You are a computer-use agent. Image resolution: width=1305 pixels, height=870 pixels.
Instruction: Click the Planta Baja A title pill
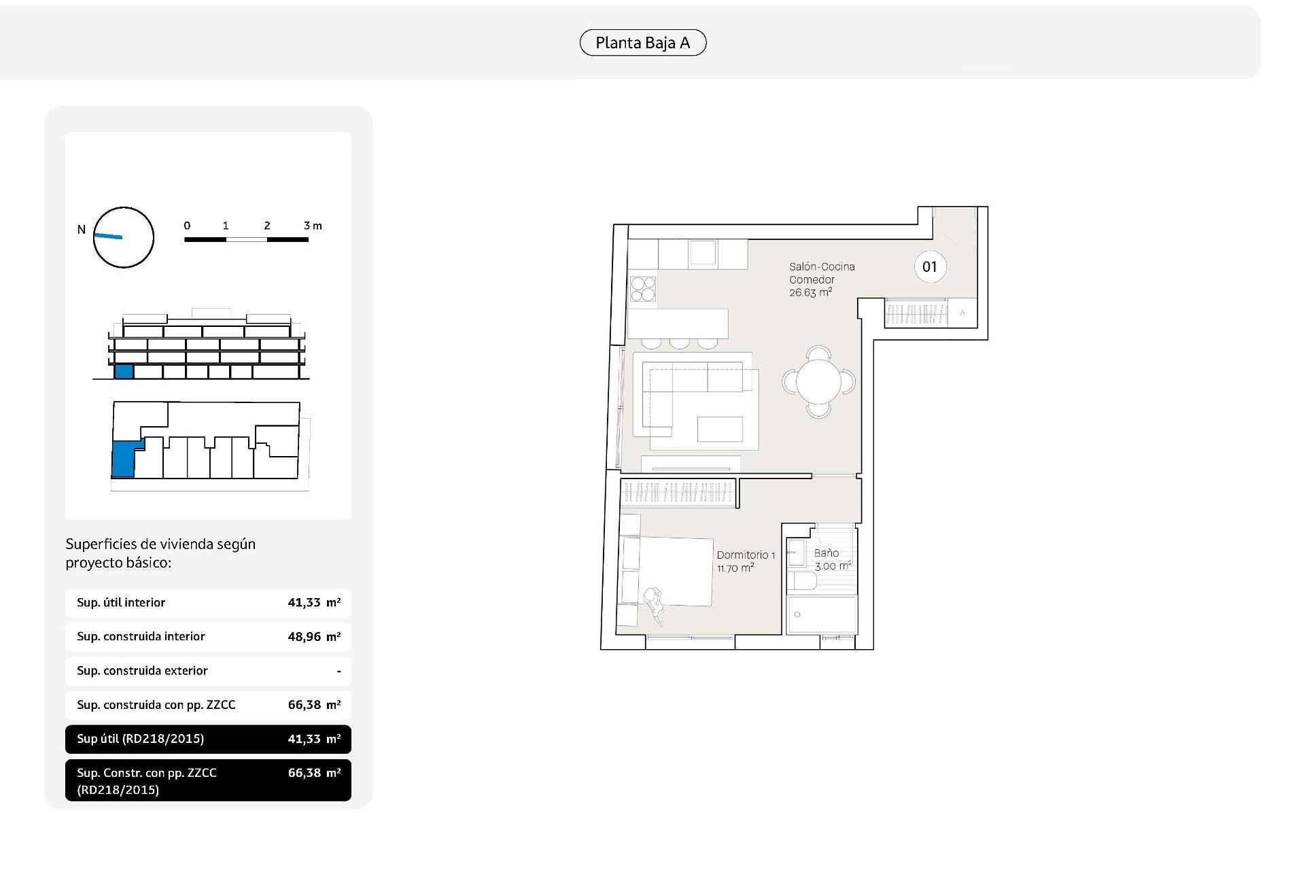642,43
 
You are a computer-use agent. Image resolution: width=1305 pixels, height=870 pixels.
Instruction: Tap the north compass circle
123,237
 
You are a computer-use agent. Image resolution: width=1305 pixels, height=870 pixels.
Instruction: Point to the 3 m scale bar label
312,226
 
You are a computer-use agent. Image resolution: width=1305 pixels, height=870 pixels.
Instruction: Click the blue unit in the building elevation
123,371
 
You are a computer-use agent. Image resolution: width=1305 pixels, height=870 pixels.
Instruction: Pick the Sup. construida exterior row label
142,671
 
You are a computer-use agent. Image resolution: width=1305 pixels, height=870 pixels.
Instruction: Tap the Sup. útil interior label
121,603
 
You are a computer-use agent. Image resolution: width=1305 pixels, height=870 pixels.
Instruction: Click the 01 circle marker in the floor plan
929,267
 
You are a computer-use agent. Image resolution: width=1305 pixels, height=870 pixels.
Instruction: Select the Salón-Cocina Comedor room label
821,273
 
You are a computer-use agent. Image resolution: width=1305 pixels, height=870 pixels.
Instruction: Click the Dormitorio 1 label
745,555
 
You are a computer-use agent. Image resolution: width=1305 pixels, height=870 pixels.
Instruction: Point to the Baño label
826,553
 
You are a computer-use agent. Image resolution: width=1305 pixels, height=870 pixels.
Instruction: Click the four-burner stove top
642,288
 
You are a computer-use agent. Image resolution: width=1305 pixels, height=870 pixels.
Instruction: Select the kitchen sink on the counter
703,253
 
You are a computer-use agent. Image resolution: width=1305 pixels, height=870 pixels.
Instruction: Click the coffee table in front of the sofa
719,429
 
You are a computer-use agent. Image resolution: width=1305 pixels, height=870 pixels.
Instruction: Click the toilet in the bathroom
802,582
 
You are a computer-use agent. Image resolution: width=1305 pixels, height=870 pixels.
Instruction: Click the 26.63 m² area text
810,293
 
